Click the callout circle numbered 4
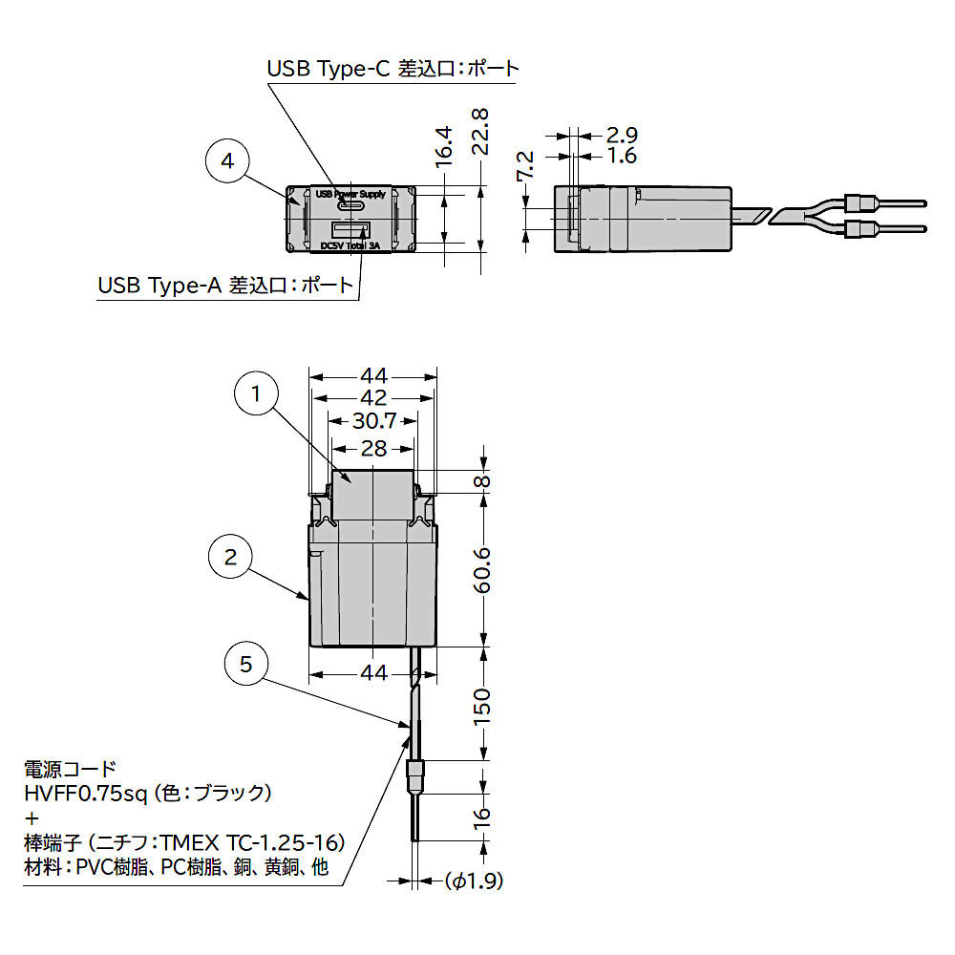tap(227, 162)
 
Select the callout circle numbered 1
tap(256, 393)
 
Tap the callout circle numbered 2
tap(230, 557)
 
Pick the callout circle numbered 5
tap(246, 664)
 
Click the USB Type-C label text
tap(393, 69)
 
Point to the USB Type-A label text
tap(225, 286)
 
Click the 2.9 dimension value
tap(622, 135)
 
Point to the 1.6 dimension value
tap(622, 156)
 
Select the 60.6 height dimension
tap(483, 570)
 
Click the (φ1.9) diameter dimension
tap(474, 881)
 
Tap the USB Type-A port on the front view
tap(350, 230)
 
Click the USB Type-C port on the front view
tap(350, 206)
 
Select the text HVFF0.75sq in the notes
tap(86, 793)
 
